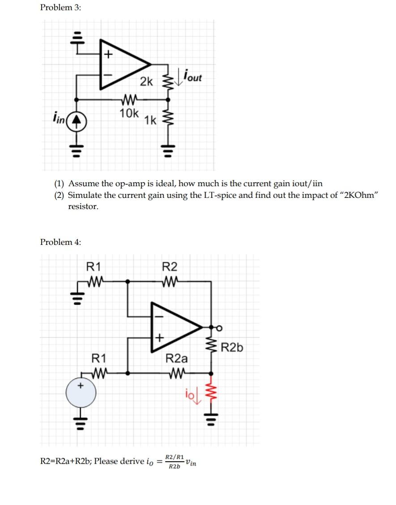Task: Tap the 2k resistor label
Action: tap(146, 81)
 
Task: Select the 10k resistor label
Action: tap(129, 113)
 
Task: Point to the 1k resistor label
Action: tap(150, 120)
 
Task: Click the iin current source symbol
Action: tap(77, 120)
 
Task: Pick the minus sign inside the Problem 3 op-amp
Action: tap(108, 74)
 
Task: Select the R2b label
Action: tap(232, 347)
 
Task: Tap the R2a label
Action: tap(177, 358)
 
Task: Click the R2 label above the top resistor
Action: tap(170, 267)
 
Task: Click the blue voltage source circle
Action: tap(81, 393)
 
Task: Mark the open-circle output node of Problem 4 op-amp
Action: tap(219, 328)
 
